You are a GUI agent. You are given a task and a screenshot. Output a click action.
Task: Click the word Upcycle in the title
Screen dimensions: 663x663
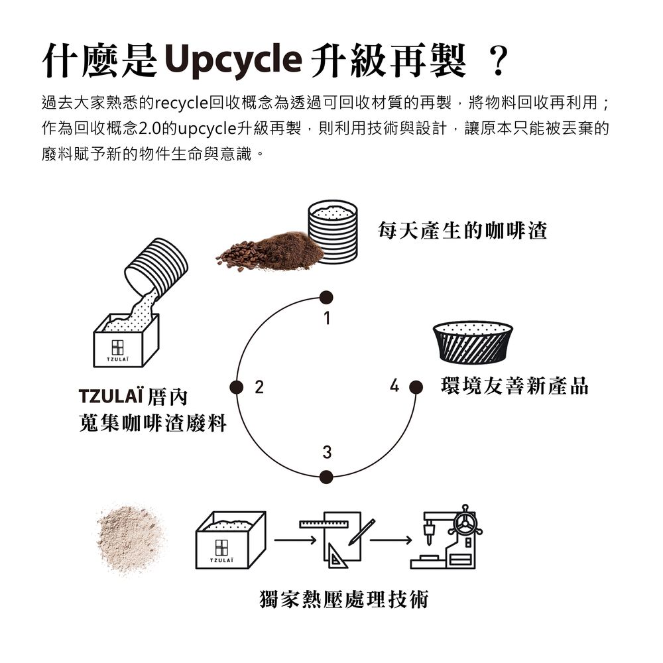pos(233,60)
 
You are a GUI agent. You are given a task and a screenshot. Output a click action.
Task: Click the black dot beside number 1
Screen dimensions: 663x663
pos(326,298)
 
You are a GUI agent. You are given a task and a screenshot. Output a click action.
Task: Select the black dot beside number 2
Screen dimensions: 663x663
pos(237,387)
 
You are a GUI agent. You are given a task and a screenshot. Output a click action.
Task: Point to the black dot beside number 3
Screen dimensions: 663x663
pos(326,477)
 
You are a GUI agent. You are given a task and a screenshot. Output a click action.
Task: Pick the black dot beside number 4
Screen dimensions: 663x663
pos(416,387)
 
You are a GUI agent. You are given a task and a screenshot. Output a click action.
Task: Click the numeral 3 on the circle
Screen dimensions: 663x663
pos(327,452)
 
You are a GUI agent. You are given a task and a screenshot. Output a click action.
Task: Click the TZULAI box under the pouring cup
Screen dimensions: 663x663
pos(126,340)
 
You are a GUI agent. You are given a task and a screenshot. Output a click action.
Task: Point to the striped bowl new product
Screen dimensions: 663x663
pos(473,342)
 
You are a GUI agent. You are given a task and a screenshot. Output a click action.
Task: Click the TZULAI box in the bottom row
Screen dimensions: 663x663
pos(231,540)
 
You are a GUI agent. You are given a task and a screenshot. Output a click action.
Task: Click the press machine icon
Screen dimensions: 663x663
pos(446,536)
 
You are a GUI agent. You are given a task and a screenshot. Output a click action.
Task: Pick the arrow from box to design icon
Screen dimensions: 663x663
pos(295,540)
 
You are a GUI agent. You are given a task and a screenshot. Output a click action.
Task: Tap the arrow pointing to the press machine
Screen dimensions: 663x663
pos(391,540)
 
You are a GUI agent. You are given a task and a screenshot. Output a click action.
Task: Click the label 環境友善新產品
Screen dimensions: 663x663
pos(514,386)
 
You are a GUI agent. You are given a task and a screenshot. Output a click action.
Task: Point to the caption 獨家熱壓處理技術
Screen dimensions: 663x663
pos(343,599)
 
